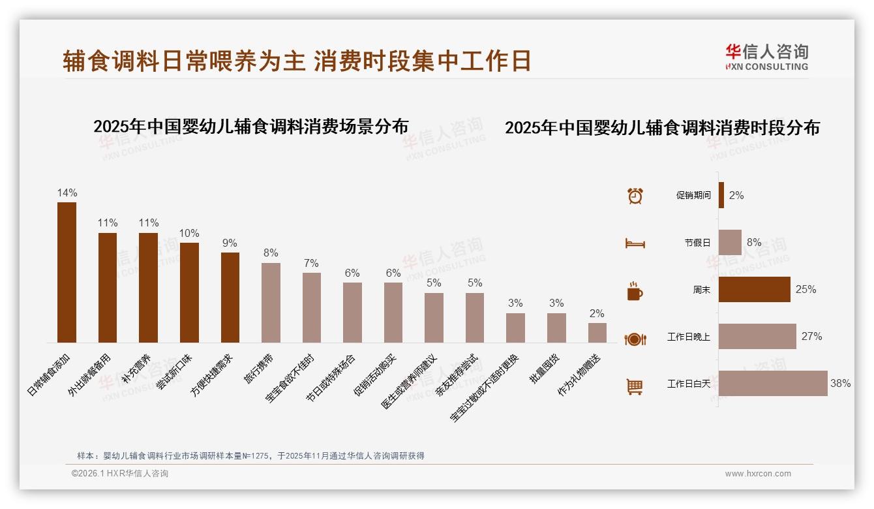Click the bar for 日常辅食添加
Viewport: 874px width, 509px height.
click(x=67, y=272)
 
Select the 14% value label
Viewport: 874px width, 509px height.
click(x=67, y=193)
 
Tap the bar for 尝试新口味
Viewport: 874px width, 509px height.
click(x=189, y=292)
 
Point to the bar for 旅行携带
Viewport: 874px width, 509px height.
click(x=271, y=303)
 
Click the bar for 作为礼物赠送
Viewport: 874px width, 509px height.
click(x=597, y=333)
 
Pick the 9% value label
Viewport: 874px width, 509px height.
click(x=230, y=243)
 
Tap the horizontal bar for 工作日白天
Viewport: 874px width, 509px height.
click(x=773, y=384)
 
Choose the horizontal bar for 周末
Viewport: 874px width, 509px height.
click(x=754, y=289)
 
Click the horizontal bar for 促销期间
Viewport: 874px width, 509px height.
click(x=721, y=195)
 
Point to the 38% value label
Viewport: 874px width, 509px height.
click(x=840, y=384)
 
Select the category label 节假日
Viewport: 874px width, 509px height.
click(x=697, y=243)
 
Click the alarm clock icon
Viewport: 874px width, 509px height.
click(x=635, y=196)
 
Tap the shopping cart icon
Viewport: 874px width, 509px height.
click(x=635, y=386)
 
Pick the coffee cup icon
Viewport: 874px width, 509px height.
click(x=635, y=291)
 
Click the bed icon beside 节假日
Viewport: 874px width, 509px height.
click(x=635, y=243)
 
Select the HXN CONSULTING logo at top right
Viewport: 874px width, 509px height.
click(x=766, y=57)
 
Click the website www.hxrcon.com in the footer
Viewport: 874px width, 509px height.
click(x=758, y=474)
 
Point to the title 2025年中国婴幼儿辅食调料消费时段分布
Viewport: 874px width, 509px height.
click(x=662, y=128)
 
